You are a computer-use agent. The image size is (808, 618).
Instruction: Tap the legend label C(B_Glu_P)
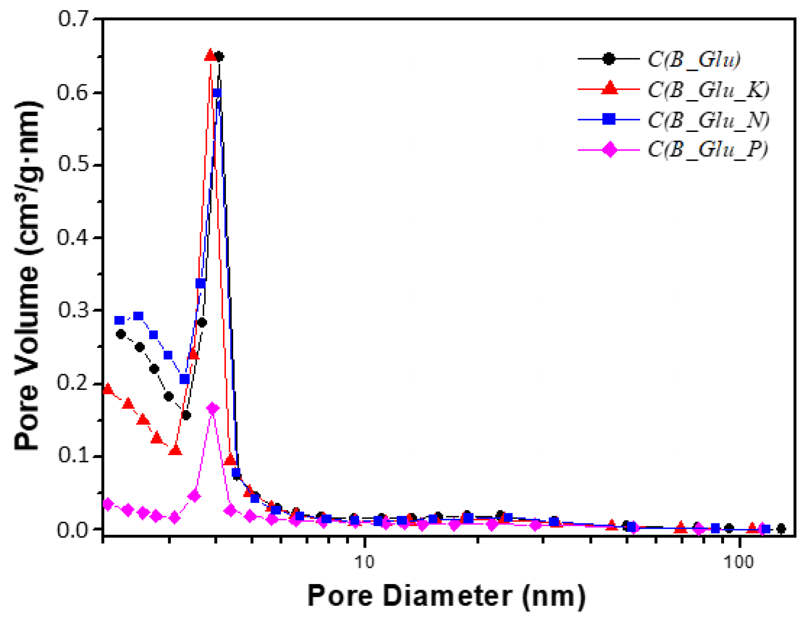[x=707, y=149]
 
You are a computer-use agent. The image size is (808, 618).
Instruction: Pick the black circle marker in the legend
[x=608, y=59]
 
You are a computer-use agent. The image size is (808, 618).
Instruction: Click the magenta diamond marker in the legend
[x=610, y=150]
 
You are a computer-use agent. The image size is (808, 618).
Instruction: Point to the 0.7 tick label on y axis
[x=73, y=19]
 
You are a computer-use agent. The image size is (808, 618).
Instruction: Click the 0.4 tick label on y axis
[x=73, y=238]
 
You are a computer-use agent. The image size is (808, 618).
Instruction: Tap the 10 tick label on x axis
[x=364, y=562]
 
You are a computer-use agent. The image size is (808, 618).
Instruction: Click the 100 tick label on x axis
[x=739, y=562]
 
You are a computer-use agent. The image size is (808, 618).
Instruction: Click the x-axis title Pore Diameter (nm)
[x=446, y=596]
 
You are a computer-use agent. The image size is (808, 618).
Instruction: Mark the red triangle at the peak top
[x=210, y=55]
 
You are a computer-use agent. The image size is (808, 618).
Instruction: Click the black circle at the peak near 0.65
[x=219, y=56]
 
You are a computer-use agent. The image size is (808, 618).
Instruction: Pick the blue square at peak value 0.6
[x=217, y=93]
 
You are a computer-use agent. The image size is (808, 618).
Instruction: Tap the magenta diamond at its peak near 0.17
[x=213, y=408]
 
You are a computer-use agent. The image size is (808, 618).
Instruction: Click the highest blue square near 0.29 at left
[x=138, y=316]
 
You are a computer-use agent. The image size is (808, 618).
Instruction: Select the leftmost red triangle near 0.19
[x=108, y=389]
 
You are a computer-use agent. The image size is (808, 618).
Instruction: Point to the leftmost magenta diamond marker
[x=108, y=504]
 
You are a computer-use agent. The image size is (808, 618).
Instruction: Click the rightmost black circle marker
[x=781, y=529]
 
